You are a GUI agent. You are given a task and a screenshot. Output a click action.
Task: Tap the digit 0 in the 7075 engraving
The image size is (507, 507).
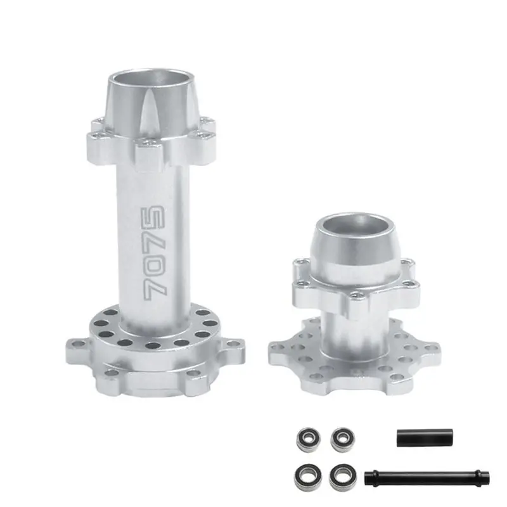pyautogui.click(x=155, y=263)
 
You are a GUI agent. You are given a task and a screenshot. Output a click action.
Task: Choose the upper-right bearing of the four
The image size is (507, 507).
pyautogui.click(x=342, y=438)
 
